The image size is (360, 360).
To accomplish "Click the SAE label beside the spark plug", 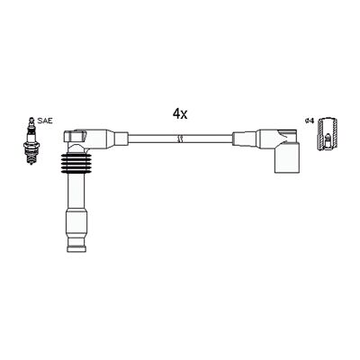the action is [x=45, y=121].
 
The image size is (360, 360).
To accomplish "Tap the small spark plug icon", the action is [x=31, y=140].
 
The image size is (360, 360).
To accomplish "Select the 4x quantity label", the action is [x=180, y=113].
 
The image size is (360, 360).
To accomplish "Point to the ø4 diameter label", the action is [x=309, y=121].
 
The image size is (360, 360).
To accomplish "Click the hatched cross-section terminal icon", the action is [x=328, y=133].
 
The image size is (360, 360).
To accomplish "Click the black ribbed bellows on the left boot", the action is [x=76, y=164].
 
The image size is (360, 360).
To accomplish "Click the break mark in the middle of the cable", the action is [x=180, y=139].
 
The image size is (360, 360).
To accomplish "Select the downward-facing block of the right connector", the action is [x=287, y=157].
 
